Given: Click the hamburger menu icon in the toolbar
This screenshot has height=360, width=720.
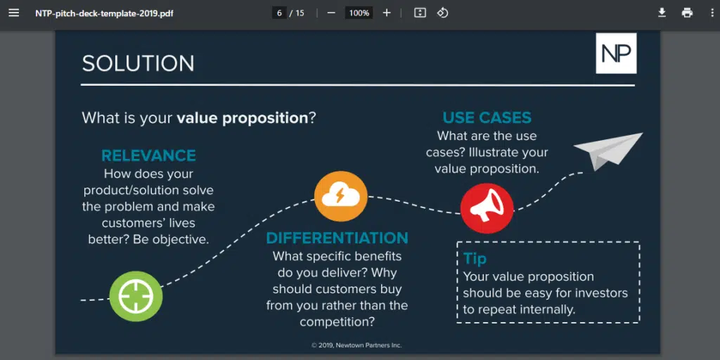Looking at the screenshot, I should point(13,13).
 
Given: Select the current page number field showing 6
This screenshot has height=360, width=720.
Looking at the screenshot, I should point(279,13).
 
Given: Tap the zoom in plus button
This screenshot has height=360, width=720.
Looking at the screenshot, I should point(386,13).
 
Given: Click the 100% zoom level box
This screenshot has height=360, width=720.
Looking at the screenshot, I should point(359,13).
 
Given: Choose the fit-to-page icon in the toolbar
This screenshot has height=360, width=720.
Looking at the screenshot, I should point(420,13).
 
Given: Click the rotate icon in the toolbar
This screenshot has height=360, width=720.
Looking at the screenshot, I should point(442,13).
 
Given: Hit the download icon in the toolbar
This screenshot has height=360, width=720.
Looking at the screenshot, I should point(662,13).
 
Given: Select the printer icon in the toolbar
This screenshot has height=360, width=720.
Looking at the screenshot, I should point(687,13).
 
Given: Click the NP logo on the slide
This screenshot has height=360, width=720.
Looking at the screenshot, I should point(616,53).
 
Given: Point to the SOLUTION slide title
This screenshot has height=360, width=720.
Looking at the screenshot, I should point(138,63).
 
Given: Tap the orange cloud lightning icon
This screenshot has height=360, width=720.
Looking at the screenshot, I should point(340,195).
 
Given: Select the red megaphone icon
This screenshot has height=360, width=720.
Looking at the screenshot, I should point(487,208).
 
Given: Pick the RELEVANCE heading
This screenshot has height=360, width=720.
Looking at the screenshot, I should point(148,155).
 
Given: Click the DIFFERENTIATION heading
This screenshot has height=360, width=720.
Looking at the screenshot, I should point(337,238).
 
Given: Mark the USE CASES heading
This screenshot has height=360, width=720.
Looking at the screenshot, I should point(487,117).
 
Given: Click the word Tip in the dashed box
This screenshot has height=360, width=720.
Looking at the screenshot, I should point(475,259).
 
